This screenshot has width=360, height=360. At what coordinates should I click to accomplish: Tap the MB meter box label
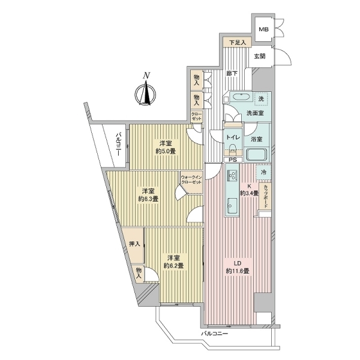point(263,29)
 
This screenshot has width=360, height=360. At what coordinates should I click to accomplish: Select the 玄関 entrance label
point(259,56)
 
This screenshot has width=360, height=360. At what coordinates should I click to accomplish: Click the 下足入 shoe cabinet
point(238,43)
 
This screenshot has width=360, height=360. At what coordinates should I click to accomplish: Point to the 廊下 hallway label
point(232,73)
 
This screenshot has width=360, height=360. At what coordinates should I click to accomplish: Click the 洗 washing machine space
point(261,99)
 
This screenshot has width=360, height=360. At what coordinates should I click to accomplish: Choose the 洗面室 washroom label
point(255,113)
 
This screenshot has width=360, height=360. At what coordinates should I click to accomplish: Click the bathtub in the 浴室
point(256,154)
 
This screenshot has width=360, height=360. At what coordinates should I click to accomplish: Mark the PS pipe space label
point(233,160)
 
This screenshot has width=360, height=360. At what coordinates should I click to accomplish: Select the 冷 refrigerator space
point(263,172)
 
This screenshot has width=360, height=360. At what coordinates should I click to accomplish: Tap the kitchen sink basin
point(232,203)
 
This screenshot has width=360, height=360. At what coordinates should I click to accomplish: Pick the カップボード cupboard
point(265,196)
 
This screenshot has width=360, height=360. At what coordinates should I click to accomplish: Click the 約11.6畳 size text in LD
point(238,271)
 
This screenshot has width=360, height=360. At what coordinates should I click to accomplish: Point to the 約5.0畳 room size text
point(165,151)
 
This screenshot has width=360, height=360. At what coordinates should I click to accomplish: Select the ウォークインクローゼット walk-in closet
point(191,182)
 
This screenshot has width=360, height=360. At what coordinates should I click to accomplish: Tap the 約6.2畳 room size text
point(173,266)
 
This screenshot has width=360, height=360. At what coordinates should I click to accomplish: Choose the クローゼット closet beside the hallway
point(197,116)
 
